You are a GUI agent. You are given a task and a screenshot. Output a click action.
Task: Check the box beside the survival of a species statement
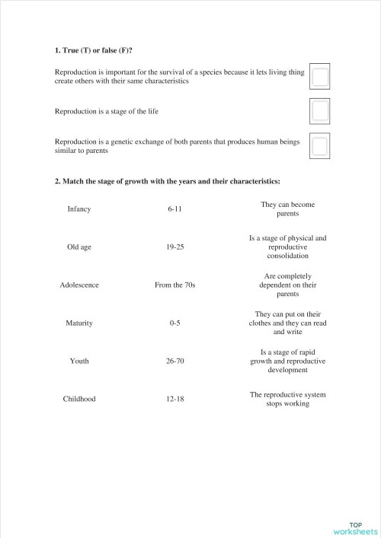(320, 76)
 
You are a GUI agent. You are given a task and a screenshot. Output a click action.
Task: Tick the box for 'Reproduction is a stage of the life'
(320, 111)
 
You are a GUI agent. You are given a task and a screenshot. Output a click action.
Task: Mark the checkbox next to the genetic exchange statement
(320, 146)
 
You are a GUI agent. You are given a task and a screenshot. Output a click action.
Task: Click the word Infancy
(79, 209)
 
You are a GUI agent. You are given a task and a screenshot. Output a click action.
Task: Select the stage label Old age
(79, 247)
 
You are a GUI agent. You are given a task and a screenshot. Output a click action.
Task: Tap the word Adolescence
(79, 285)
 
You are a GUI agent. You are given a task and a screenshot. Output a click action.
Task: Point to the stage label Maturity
(79, 323)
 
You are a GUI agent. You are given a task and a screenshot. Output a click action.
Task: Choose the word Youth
(79, 361)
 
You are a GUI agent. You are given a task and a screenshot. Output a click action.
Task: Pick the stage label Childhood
(79, 399)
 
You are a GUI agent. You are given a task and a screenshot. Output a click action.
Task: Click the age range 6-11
(175, 209)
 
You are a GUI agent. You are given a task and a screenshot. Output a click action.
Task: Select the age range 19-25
(175, 247)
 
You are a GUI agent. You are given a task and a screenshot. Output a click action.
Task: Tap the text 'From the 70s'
(175, 285)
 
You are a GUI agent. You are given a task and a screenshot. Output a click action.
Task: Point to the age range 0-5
(175, 323)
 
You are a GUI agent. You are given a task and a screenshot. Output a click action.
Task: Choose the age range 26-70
(175, 361)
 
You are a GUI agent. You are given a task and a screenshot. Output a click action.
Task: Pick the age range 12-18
(175, 399)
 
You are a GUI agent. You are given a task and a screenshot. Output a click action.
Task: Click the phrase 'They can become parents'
(288, 209)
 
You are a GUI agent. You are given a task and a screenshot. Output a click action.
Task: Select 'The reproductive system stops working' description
(288, 399)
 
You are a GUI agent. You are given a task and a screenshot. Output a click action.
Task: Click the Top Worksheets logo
(355, 528)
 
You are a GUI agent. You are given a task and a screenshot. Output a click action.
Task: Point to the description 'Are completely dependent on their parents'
(288, 285)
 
